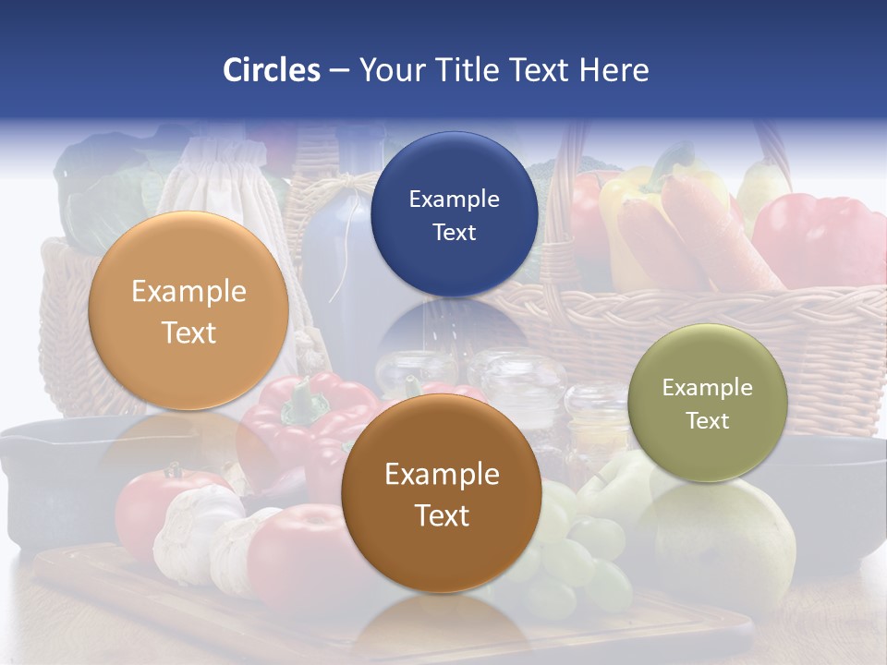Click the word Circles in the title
point(271,70)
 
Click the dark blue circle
point(454,214)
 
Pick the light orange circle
point(188,310)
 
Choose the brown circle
point(442,492)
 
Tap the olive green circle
point(707,403)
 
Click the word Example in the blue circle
point(454,199)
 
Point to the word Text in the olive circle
point(707,420)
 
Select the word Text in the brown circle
point(442,515)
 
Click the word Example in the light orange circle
point(188,292)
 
